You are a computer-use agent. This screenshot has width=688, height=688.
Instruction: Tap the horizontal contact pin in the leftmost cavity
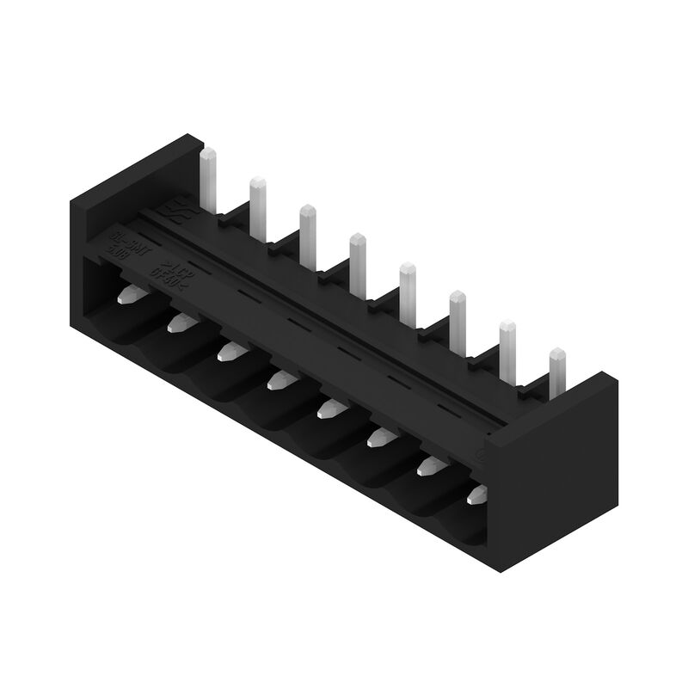pyautogui.click(x=128, y=294)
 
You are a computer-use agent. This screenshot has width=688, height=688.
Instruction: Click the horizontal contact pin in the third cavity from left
pyautogui.click(x=229, y=350)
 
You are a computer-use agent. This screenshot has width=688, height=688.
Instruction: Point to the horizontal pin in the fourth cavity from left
pyautogui.click(x=279, y=379)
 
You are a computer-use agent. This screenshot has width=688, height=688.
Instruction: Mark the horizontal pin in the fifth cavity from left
pyautogui.click(x=329, y=408)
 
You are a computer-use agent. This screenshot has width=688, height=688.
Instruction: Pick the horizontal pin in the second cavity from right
pyautogui.click(x=427, y=465)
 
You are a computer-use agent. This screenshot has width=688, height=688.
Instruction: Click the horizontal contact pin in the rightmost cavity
pyautogui.click(x=476, y=494)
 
